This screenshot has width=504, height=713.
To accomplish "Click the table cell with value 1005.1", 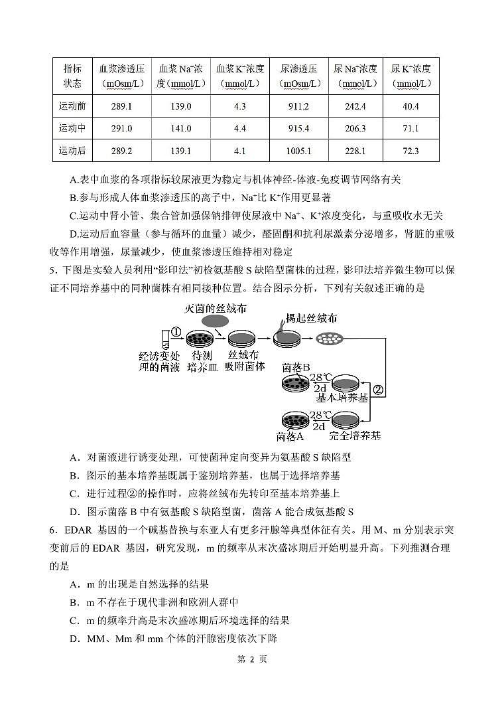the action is coord(298,151).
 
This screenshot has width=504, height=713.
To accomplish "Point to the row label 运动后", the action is coord(72,151).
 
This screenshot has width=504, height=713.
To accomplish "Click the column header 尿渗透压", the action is coord(298,76).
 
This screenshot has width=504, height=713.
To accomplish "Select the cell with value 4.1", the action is coord(240,151).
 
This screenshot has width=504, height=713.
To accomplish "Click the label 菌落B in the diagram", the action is coord(296,367).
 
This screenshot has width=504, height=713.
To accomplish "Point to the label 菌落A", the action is coord(290,436).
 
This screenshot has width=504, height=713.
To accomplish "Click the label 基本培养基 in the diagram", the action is coord(342,398).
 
